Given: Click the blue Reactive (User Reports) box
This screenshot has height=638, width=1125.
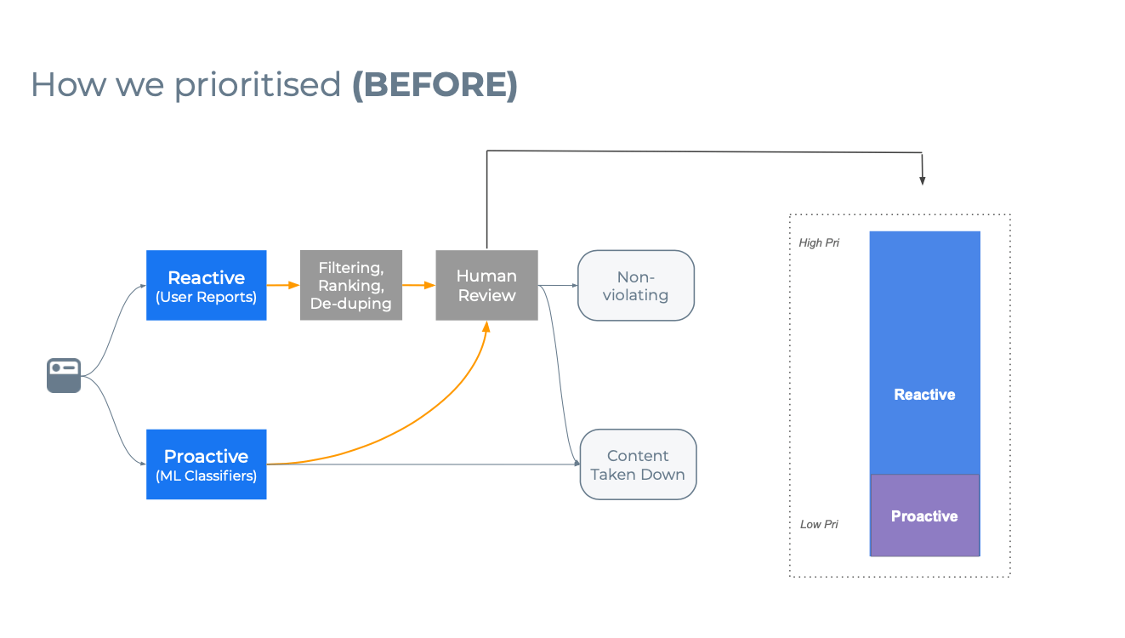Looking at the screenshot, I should tap(206, 285).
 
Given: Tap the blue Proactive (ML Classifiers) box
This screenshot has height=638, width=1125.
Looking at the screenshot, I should tap(206, 464).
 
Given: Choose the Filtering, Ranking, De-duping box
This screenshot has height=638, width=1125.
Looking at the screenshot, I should tap(350, 285).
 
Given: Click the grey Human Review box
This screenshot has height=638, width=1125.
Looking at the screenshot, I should tap(486, 285).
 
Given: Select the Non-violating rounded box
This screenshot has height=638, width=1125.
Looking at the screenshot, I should tap(636, 285).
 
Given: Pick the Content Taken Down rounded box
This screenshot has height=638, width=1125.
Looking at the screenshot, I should tap(638, 464).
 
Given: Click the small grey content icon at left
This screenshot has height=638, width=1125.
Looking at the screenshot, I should tap(64, 375).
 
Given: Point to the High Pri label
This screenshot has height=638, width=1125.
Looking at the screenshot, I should tap(819, 243).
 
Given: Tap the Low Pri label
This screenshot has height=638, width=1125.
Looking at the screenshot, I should tap(819, 524).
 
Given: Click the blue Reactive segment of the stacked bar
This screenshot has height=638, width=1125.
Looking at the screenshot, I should tap(924, 353).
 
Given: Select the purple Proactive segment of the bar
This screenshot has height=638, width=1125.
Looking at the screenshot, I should tap(924, 516).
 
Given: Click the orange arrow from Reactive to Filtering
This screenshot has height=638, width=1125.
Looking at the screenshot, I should tap(283, 285).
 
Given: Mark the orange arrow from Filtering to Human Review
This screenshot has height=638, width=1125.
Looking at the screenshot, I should tap(418, 285).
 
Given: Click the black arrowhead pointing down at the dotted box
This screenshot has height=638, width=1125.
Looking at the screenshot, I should tap(922, 179).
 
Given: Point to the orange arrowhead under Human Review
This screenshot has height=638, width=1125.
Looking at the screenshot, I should tap(486, 327).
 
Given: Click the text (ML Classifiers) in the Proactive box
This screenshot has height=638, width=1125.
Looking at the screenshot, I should tap(206, 476).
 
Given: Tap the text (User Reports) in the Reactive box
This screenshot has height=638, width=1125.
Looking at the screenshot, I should tap(206, 297).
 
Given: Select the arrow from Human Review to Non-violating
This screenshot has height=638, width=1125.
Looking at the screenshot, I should tap(558, 285).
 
